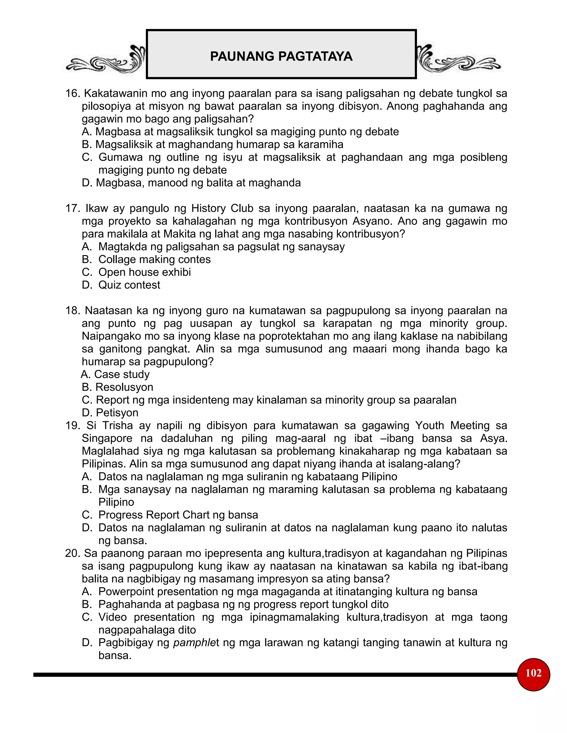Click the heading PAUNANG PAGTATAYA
(x=281, y=56)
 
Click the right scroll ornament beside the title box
(x=458, y=60)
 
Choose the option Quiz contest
(x=129, y=285)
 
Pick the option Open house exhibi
(x=145, y=272)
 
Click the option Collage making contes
(x=154, y=259)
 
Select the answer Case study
(x=122, y=374)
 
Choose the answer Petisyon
(x=117, y=413)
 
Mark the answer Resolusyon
(x=124, y=387)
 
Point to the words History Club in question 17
(x=222, y=209)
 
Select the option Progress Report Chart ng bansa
(x=178, y=515)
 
